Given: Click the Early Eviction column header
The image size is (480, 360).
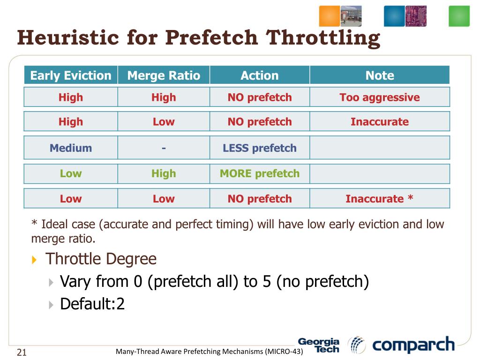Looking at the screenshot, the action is click(x=71, y=75).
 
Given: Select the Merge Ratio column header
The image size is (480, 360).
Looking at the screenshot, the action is click(x=164, y=75).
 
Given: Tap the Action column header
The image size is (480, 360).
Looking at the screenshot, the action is click(x=260, y=75).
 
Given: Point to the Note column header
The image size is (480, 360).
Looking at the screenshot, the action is click(x=380, y=75).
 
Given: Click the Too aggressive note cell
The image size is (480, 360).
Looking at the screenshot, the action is click(x=380, y=97).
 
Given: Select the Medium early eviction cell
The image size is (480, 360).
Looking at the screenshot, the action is click(x=71, y=148).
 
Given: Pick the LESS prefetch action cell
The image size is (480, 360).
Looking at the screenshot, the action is click(x=260, y=148).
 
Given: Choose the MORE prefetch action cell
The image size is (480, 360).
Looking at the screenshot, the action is click(x=260, y=173).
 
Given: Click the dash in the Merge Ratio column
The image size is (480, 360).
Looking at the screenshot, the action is click(x=164, y=148).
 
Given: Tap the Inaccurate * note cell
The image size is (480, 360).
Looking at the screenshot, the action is click(x=380, y=199).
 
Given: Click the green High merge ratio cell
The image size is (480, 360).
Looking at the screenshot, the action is click(x=164, y=173).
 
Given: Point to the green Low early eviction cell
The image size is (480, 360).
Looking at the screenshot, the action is click(x=71, y=173).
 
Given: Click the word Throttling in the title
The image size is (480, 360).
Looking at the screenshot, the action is click(x=322, y=38).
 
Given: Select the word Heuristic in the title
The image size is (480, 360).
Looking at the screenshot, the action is click(x=68, y=37).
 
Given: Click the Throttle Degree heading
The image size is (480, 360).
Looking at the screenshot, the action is click(x=101, y=259).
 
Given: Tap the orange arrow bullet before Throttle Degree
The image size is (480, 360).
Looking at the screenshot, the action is click(x=34, y=260).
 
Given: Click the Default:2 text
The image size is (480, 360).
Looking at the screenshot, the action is click(x=92, y=304).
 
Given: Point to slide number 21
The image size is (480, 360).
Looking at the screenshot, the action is click(x=22, y=352).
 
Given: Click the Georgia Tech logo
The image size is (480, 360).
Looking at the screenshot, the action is click(x=319, y=345).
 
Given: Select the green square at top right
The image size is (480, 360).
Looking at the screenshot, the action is click(x=459, y=16).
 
